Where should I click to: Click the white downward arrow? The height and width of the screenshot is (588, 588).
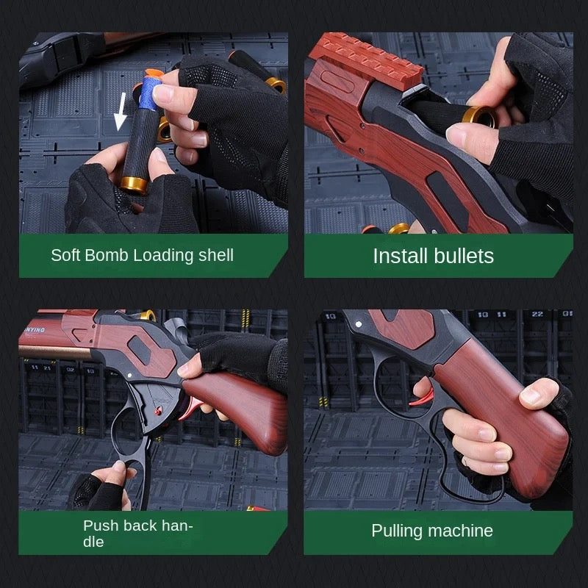pos(121,112)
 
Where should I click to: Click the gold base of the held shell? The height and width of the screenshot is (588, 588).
pos(134,185)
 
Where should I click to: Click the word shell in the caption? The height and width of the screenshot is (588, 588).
pos(216,255)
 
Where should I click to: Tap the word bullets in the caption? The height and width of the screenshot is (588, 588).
pos(464,256)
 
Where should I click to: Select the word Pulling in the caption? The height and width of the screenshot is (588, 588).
pos(397,531)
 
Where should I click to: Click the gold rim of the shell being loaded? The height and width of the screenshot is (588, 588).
pos(479,116)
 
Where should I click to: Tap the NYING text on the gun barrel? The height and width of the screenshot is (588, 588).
pos(35,330)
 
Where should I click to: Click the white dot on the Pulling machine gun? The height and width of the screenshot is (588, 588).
pos(359,324)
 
